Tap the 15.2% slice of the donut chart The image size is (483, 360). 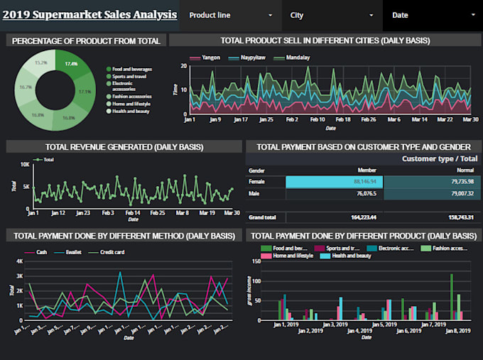pos(41,63)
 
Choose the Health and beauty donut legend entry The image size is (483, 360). pos(129,111)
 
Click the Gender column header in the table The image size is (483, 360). pos(256,170)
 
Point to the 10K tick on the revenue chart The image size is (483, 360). pos(25,165)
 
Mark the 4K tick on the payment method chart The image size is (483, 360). pos(20,261)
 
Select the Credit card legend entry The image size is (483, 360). pos(112,251)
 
